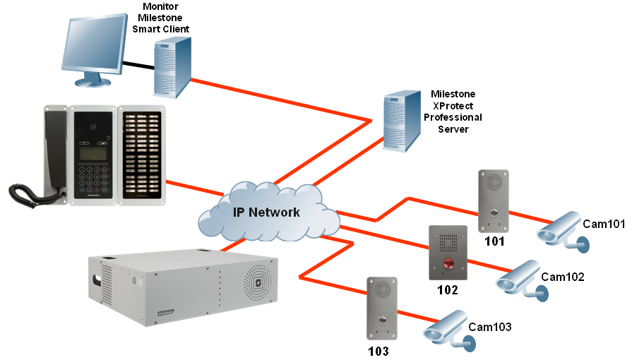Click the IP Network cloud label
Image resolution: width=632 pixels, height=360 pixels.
click(267, 212)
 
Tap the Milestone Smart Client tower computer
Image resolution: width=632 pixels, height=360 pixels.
click(172, 68)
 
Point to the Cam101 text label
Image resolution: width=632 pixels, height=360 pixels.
click(604, 224)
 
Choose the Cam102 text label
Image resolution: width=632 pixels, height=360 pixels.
click(563, 277)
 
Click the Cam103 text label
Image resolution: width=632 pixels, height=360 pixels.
click(489, 327)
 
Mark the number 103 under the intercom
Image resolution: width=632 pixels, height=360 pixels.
click(378, 350)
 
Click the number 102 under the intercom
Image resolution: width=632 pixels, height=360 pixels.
click(448, 290)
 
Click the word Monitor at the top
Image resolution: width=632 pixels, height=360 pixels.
click(162, 7)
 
